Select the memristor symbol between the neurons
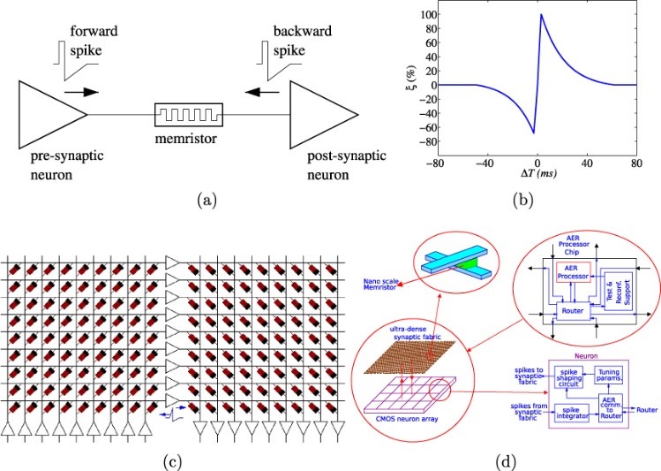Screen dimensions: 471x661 188,115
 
